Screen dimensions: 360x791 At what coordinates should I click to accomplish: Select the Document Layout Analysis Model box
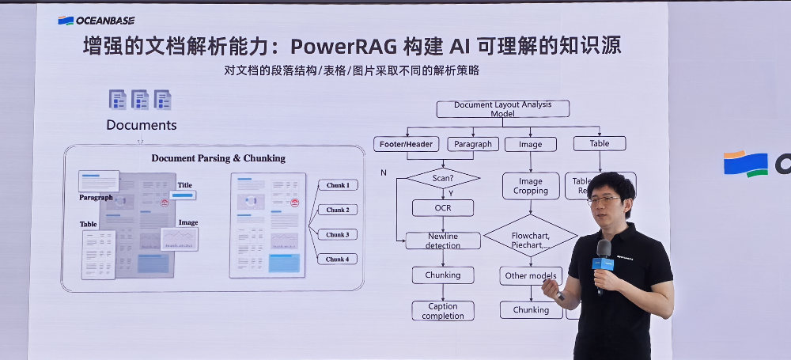tap(501, 109)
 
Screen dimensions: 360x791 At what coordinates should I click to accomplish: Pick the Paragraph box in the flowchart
tap(473, 144)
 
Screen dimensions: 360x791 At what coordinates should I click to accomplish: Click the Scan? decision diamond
tap(443, 179)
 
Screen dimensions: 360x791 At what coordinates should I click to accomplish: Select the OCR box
tap(443, 208)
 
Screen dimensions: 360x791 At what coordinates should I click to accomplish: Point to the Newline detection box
tap(443, 241)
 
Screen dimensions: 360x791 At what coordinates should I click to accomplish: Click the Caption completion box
tap(443, 311)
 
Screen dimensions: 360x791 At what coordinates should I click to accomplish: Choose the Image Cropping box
tap(531, 186)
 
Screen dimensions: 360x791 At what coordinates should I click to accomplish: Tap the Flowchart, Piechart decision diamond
tap(531, 235)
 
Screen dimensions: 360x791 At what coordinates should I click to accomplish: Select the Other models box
tap(531, 276)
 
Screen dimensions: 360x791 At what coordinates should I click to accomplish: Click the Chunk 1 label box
tap(337, 185)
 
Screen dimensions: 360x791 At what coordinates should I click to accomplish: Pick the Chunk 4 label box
tap(337, 259)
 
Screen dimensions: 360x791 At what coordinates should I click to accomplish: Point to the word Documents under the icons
tap(142, 125)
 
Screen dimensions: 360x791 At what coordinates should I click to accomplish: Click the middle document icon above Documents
tap(140, 100)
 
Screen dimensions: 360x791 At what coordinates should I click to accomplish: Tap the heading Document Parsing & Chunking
tap(218, 158)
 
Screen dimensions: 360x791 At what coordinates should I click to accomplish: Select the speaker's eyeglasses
tap(604, 200)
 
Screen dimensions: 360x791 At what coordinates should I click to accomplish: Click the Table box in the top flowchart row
tap(599, 143)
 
